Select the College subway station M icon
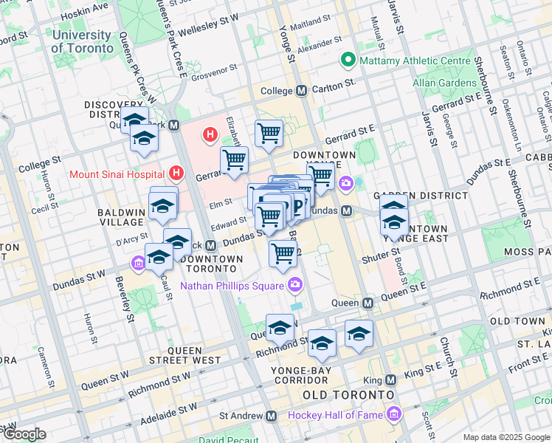[301, 91]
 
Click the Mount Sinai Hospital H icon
[176, 174]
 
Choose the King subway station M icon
[391, 380]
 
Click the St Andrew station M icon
[271, 416]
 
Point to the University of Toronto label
[83, 41]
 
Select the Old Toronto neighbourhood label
[347, 396]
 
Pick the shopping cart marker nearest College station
[269, 134]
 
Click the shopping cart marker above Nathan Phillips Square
[283, 253]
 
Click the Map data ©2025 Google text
[506, 437]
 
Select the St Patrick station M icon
[210, 245]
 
